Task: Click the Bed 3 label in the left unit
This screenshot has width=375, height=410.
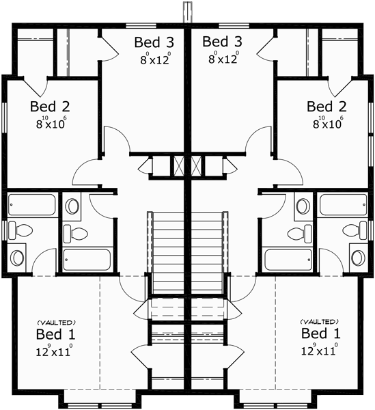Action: click(154, 42)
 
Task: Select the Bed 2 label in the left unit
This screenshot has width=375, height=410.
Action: click(49, 107)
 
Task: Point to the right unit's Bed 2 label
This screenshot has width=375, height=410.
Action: click(326, 107)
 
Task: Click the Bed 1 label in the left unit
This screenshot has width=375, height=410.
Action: click(56, 335)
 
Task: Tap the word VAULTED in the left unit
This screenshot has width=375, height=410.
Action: click(56, 322)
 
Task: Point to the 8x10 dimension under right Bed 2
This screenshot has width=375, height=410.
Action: click(326, 124)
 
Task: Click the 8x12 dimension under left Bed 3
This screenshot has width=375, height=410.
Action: click(154, 59)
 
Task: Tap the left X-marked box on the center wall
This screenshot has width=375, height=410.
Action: click(179, 166)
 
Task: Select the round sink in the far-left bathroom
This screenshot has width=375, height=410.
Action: click(16, 257)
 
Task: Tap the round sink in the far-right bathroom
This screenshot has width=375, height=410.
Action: click(357, 257)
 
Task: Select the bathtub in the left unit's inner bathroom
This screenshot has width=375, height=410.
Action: click(86, 260)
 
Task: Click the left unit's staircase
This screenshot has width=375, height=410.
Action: click(167, 253)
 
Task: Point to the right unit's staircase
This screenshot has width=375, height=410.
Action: click(209, 253)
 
